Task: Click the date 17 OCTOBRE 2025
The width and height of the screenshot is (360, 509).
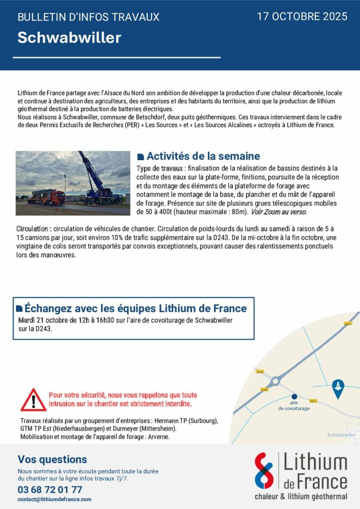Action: [302, 16]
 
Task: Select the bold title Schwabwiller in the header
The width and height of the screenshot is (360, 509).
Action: [69, 38]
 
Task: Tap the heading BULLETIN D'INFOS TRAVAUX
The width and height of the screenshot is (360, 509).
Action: [89, 17]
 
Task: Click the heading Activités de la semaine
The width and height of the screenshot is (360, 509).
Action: [203, 157]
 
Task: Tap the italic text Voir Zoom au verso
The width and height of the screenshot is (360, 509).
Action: [278, 212]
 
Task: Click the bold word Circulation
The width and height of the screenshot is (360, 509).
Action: [33, 229]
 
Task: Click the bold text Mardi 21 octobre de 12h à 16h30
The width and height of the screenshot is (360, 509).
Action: [66, 320]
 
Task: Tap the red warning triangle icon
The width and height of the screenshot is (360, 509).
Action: [33, 400]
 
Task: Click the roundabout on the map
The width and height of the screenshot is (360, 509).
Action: [275, 381]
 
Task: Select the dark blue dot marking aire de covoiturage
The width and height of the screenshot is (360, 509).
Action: [294, 396]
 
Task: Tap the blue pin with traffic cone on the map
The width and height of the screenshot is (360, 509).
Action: [338, 387]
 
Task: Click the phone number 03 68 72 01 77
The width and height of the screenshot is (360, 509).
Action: [50, 489]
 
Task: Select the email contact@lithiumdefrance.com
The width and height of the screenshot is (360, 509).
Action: [54, 499]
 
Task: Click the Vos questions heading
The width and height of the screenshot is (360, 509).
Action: [52, 459]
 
